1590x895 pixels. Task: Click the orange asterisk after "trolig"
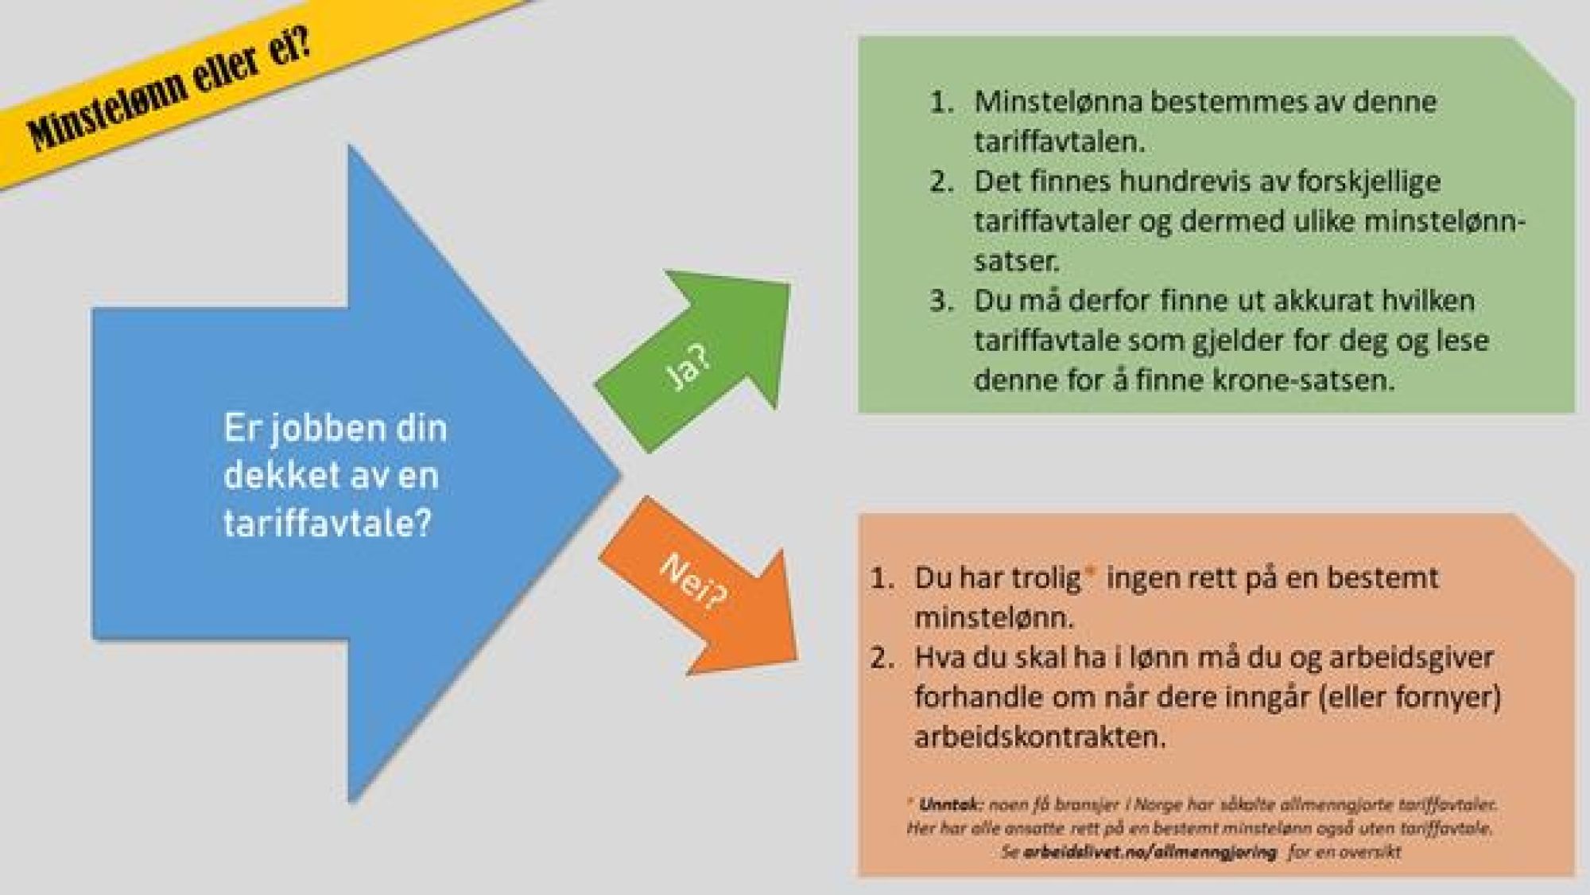tap(1089, 572)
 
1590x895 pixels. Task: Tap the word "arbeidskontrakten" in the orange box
tap(1040, 737)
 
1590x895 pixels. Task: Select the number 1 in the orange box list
tap(881, 578)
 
